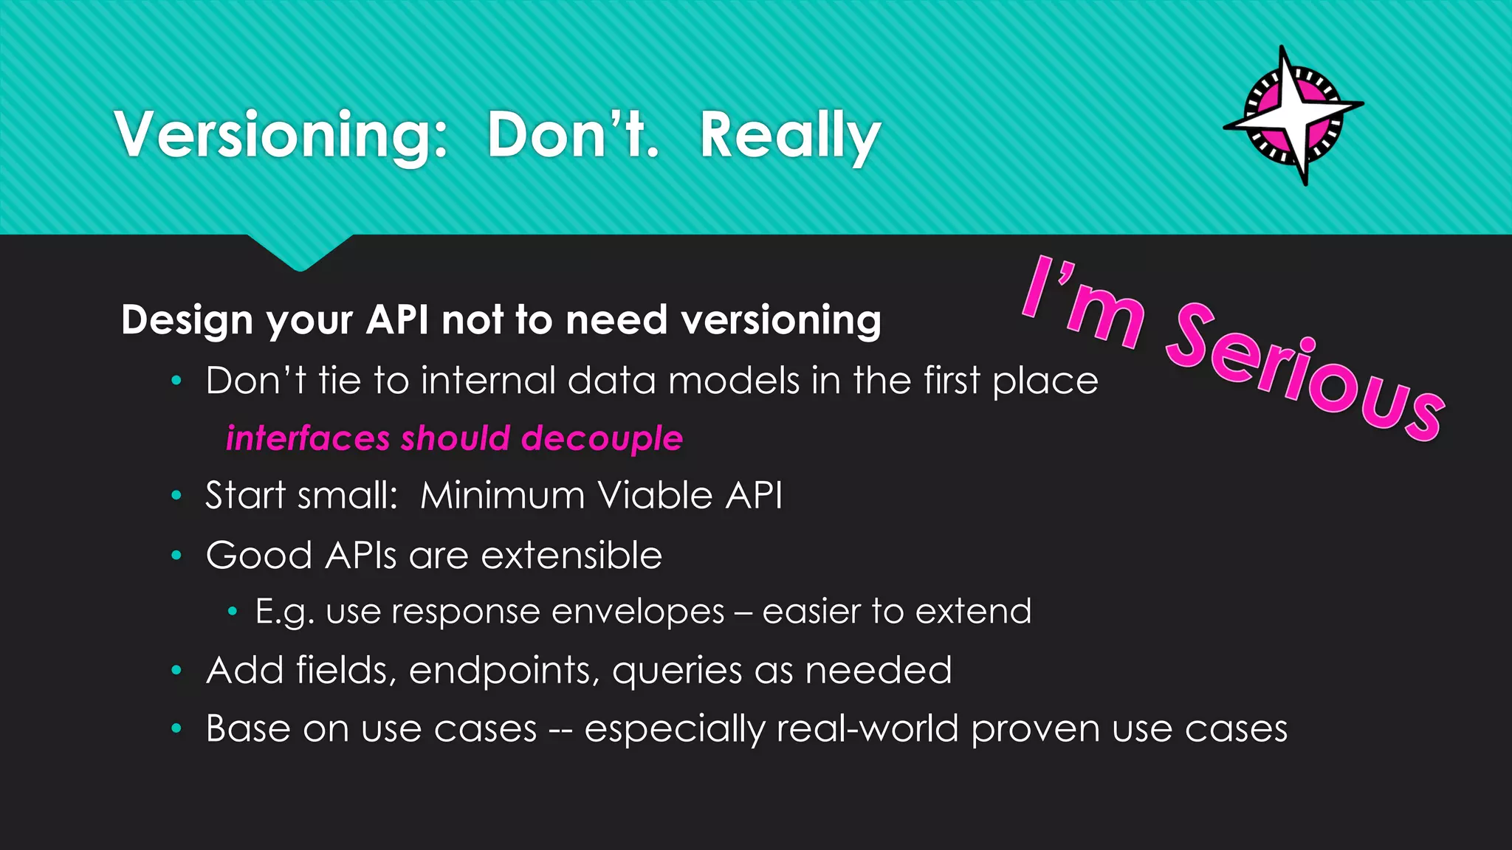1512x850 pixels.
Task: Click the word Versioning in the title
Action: (281, 135)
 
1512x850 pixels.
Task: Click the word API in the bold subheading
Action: (397, 320)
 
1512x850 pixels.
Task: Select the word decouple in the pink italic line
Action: (602, 438)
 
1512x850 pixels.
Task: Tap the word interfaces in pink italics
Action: (307, 438)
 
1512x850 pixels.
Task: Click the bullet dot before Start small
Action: (176, 496)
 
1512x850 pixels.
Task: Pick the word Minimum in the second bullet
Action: (502, 495)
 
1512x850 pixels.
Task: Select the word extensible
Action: (571, 556)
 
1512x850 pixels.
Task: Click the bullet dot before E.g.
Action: (233, 612)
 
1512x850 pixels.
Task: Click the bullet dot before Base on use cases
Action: (176, 729)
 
